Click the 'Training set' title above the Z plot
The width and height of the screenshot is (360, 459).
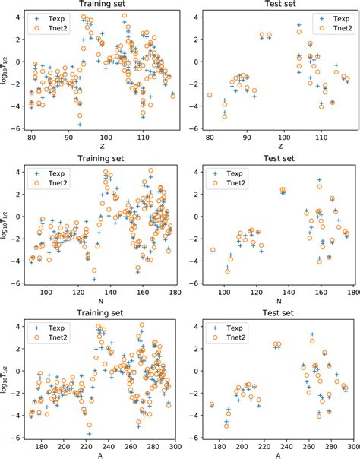click(x=99, y=5)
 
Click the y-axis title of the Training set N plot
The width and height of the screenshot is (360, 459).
click(x=6, y=224)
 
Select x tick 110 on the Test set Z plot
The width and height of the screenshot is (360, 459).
click(x=321, y=138)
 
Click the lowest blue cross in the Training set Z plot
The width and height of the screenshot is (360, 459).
click(x=79, y=124)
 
